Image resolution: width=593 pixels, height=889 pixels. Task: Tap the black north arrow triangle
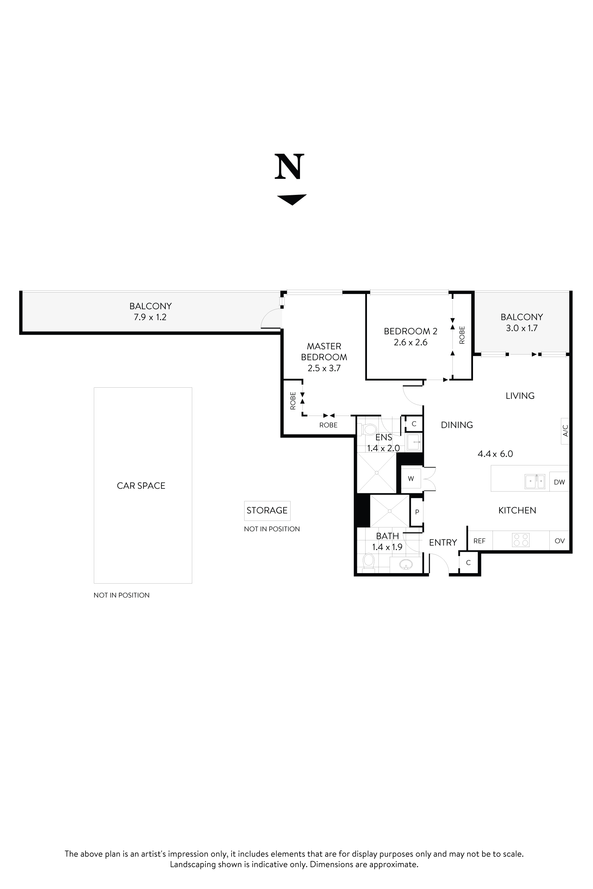coord(292,199)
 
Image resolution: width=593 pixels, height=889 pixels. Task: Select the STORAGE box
coord(267,511)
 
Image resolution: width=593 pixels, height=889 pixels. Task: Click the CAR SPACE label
coord(141,486)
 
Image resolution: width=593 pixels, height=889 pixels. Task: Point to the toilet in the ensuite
coord(369,430)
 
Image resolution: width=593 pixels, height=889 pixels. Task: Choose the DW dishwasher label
coord(559,482)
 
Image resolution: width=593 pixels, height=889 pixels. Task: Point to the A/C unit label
coord(565,431)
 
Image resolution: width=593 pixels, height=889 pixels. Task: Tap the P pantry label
coord(417,512)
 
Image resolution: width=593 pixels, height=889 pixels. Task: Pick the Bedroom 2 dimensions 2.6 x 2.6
coord(410,342)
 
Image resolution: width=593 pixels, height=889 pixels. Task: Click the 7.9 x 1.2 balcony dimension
coord(150,317)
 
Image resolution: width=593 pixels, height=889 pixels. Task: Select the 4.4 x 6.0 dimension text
coord(495,454)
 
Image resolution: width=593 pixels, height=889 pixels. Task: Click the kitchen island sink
coord(535,481)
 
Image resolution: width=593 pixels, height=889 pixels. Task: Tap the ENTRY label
coord(443,543)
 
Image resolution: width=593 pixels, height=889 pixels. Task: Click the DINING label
coord(457,425)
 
